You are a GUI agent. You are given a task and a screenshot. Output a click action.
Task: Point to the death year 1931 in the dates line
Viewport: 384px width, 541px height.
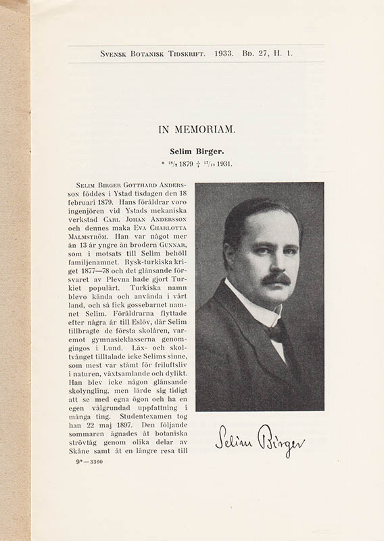[x=224, y=164]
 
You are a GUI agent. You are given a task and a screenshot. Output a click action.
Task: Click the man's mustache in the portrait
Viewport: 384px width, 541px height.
[x=275, y=278]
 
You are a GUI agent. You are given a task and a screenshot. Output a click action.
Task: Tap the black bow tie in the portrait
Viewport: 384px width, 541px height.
[x=274, y=332]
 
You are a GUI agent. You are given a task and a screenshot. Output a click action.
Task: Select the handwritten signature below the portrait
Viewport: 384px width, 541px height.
[x=260, y=440]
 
